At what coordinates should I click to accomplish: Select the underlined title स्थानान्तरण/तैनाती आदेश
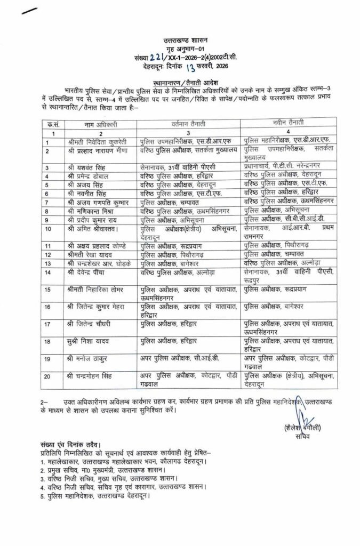click(x=180, y=83)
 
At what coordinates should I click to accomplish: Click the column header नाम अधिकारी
click(x=101, y=124)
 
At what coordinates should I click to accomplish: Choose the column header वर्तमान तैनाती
click(x=187, y=124)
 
